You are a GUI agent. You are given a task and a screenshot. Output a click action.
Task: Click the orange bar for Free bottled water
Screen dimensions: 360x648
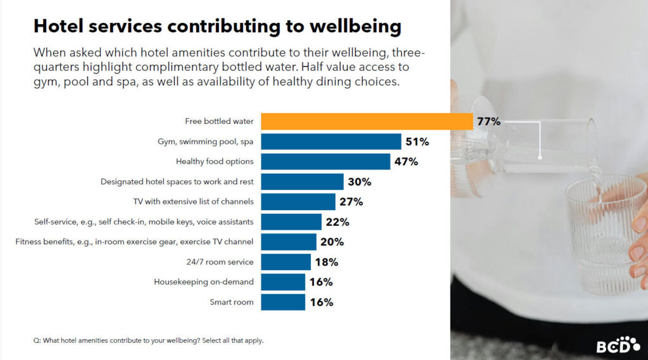point(366,121)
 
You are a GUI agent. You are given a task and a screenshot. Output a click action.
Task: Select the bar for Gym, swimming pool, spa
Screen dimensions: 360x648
point(331,142)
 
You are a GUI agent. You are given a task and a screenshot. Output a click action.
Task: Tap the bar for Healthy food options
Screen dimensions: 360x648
point(325,162)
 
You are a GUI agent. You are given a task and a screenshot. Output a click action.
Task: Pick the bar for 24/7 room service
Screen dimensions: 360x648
point(285,262)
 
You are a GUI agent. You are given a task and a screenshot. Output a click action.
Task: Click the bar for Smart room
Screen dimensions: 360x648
point(283,302)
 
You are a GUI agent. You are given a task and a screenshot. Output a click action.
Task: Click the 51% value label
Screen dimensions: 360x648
point(417,142)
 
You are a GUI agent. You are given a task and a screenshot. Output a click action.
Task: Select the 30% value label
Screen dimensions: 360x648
point(359,182)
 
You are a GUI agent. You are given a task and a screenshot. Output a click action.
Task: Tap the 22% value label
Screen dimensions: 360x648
point(337,222)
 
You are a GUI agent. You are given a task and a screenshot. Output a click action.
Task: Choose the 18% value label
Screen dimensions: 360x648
point(326,262)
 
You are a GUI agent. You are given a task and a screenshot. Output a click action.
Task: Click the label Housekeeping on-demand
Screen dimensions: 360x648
point(204,282)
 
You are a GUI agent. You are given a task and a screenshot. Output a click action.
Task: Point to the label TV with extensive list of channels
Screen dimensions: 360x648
point(193,202)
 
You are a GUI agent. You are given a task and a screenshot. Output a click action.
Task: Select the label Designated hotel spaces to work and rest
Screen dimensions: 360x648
point(177,182)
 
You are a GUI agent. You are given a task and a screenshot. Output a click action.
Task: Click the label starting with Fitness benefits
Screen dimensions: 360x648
point(134,242)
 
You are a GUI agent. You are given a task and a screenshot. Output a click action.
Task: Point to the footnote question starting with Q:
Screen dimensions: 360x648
point(148,340)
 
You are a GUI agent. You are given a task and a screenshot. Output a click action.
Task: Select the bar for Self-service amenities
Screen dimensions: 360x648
point(291,222)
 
